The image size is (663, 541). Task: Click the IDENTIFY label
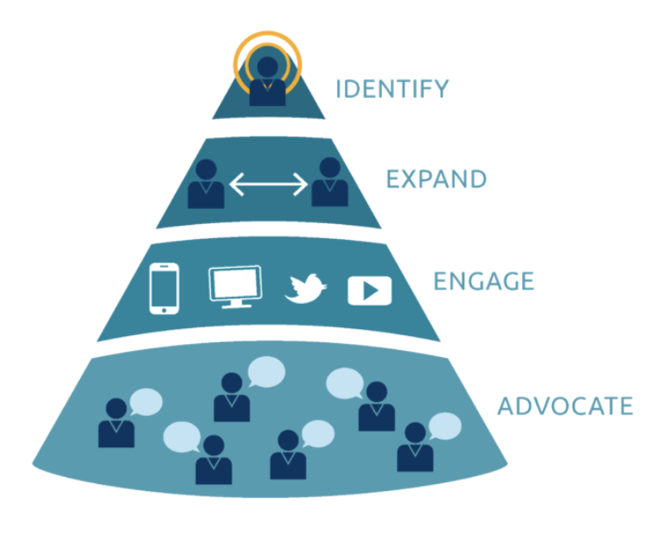(x=392, y=88)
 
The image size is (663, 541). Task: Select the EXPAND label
(x=436, y=179)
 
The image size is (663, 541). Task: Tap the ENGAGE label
(x=483, y=281)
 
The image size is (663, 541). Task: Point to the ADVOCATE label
(x=565, y=406)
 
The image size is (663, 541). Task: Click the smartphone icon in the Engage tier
(x=164, y=289)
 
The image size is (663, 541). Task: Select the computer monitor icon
(x=236, y=286)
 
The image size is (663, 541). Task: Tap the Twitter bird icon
(x=306, y=289)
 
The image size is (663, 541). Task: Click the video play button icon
(x=370, y=291)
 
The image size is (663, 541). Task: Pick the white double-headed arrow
(x=268, y=185)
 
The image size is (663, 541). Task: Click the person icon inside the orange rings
(x=267, y=81)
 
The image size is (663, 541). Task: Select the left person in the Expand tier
(x=206, y=184)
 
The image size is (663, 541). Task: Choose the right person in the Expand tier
(x=330, y=182)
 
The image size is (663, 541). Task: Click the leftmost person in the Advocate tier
(x=116, y=423)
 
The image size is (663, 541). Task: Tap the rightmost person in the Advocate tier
(x=415, y=446)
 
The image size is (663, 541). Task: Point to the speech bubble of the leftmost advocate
(x=146, y=402)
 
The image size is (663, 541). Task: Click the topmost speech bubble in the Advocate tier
(x=266, y=372)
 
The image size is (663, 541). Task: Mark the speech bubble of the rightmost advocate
(x=445, y=426)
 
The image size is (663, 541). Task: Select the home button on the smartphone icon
(x=164, y=311)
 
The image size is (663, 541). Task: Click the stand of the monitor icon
(x=236, y=304)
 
